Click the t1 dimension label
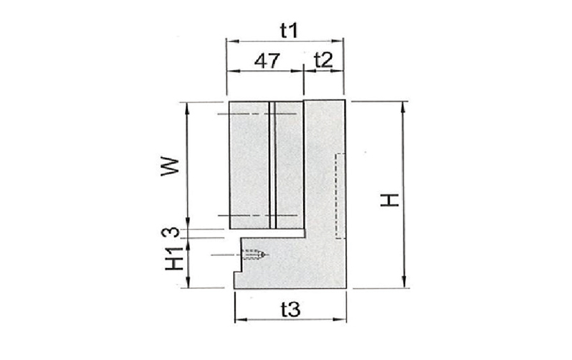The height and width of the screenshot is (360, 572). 290,30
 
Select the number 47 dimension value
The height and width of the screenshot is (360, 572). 267,61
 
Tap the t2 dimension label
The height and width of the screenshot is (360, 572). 323,60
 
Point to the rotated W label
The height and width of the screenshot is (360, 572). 170,166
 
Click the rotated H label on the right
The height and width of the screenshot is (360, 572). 390,200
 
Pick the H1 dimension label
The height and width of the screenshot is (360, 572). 174,258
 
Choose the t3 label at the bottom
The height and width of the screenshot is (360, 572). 290,310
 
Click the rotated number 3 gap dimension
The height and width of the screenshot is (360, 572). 173,232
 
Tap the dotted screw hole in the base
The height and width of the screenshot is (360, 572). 253,255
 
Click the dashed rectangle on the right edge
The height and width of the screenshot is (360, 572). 340,196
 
